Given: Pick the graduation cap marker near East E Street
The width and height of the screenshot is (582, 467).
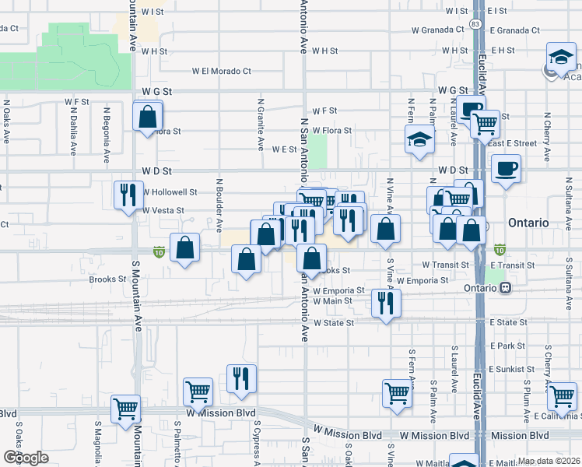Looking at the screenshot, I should [x=419, y=140].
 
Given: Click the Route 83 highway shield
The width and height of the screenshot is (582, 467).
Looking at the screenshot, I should [x=475, y=25].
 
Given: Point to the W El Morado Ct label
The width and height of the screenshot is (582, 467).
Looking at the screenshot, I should [x=223, y=71].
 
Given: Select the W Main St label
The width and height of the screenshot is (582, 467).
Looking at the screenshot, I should [x=333, y=300].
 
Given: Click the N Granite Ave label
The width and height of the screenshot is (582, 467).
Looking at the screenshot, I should [x=261, y=125].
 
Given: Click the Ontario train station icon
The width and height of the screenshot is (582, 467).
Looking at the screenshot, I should [x=506, y=287].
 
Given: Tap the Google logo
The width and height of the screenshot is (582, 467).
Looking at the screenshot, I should [x=25, y=458].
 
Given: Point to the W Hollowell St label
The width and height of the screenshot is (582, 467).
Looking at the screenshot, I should [x=169, y=191].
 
